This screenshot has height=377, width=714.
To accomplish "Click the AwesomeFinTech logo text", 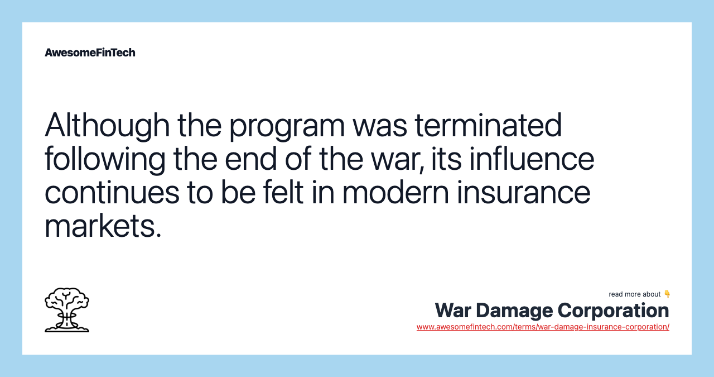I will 90,53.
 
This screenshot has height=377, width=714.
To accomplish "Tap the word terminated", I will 488,125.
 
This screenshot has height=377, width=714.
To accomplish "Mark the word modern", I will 395,192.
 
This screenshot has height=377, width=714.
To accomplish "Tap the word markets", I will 103,226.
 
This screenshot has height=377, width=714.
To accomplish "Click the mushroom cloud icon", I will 67,310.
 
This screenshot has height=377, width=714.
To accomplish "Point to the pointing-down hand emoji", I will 667,294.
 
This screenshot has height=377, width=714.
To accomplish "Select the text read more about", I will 635,294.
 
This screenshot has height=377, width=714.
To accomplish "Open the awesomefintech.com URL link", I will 543,327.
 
